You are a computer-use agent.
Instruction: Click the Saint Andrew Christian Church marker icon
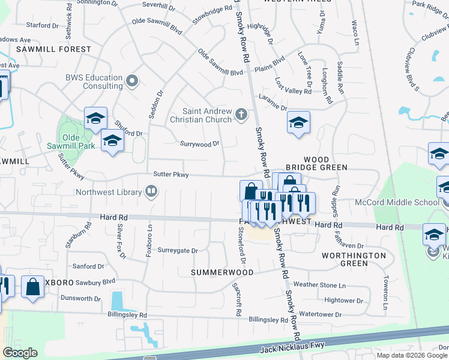[241, 113]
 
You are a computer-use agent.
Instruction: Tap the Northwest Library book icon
[151, 192]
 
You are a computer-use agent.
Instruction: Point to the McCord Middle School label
[406, 202]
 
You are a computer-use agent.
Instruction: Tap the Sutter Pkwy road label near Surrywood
[172, 175]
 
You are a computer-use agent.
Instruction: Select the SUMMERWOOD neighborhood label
[220, 272]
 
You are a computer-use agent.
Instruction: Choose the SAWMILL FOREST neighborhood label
[54, 49]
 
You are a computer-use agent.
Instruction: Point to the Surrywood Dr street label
[200, 143]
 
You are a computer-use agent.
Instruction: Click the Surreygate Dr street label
[178, 251]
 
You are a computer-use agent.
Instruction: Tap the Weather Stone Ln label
[321, 285]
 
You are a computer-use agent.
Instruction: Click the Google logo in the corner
[20, 353]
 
